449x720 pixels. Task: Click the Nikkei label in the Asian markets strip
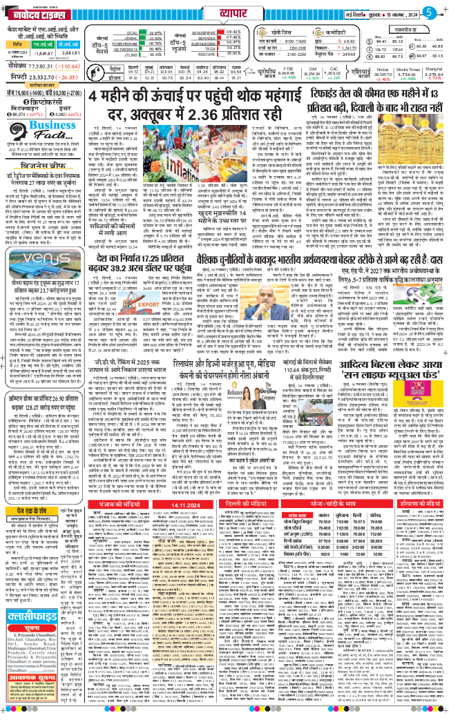(365, 70)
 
